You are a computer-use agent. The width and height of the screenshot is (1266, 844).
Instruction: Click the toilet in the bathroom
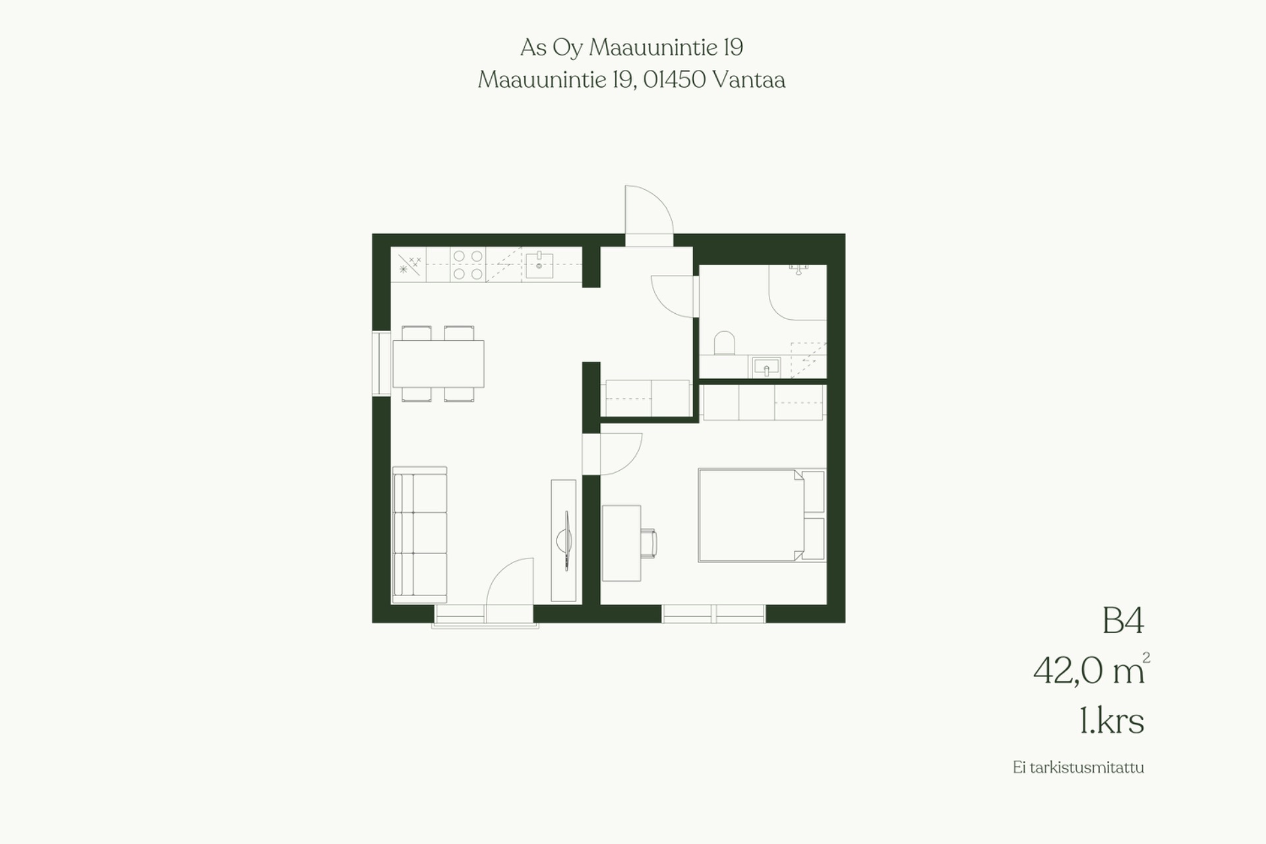[724, 343]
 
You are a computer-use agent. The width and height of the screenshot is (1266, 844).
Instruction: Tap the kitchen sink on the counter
[539, 265]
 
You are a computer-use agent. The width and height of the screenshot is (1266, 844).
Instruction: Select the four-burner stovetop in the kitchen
[467, 264]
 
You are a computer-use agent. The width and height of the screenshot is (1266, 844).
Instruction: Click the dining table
[438, 363]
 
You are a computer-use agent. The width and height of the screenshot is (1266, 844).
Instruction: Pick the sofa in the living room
[420, 535]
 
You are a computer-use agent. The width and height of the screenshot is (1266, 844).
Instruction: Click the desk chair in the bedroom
[649, 543]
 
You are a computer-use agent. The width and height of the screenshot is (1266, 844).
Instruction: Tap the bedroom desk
[621, 543]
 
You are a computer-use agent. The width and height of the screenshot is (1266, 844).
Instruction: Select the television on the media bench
[565, 541]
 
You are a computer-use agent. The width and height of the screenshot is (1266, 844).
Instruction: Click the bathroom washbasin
[766, 367]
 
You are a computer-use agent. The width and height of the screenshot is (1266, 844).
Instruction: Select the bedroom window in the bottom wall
[713, 614]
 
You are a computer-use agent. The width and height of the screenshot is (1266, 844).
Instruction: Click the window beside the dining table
[381, 363]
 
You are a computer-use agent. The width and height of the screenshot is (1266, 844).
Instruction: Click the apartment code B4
[1123, 621]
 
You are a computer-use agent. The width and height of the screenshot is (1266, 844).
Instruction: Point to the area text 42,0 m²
[1091, 670]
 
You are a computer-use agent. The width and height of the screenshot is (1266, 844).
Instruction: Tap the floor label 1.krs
[1112, 721]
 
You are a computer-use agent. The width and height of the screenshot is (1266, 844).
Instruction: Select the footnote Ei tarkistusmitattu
[1078, 768]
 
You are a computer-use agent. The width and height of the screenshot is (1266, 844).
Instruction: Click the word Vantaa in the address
[749, 80]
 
